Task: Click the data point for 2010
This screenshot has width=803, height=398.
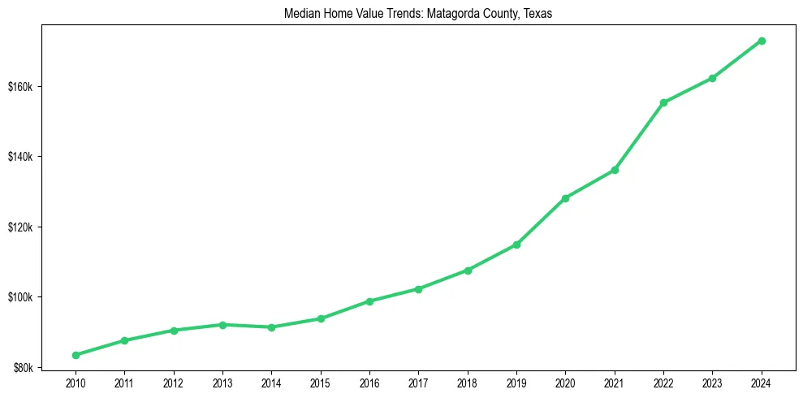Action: click(x=76, y=355)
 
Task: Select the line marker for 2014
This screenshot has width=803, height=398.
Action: click(x=271, y=327)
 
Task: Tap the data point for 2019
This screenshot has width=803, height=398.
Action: click(x=516, y=244)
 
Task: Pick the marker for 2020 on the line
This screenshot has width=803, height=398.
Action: click(x=565, y=198)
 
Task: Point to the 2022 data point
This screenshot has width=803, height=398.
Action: click(x=663, y=102)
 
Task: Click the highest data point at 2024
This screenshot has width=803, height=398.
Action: click(x=762, y=41)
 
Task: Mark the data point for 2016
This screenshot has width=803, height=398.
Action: click(x=369, y=301)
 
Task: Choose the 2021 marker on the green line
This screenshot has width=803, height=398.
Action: click(x=615, y=170)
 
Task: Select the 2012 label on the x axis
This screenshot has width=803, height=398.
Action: click(x=173, y=382)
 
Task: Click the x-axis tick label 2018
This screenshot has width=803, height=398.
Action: click(x=467, y=382)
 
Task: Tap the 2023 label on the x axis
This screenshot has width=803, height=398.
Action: click(x=712, y=382)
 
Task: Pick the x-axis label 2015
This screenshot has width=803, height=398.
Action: click(x=320, y=382)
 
